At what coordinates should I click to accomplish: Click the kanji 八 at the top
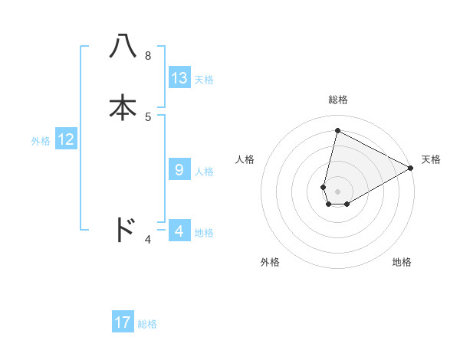point(123,47)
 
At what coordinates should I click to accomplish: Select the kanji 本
point(123,107)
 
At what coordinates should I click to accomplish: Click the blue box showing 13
point(179,78)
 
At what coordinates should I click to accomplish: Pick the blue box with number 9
point(179,170)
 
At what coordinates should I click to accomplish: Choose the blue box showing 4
point(179,231)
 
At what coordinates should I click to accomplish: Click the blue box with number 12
point(66,139)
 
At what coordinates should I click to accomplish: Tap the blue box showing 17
point(123,322)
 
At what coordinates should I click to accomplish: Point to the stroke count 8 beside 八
point(148,56)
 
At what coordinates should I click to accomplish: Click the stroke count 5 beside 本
point(148,116)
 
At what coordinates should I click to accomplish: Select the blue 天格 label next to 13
point(204,80)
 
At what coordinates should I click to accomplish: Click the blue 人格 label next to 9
point(204,172)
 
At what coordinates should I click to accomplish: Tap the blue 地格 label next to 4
point(204,232)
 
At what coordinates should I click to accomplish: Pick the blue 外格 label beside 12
point(41,141)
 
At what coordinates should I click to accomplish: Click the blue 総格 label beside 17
point(147,324)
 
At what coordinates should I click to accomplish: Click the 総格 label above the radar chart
point(338,100)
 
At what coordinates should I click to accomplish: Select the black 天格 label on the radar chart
point(431,159)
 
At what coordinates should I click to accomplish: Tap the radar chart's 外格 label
point(270,262)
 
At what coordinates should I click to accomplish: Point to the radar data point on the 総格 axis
point(337,130)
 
